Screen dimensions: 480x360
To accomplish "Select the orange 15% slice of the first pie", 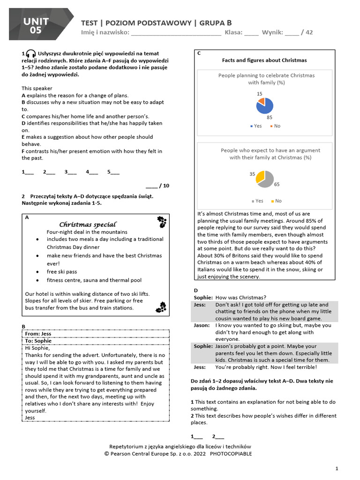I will (x=262, y=101).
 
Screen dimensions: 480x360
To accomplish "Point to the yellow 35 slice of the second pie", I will (x=260, y=177).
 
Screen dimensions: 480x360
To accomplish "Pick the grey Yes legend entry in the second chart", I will (x=256, y=201).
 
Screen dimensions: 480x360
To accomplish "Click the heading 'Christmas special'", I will (x=88, y=225).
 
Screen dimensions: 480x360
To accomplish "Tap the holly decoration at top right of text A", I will (x=161, y=220).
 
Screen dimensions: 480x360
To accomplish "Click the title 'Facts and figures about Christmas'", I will (x=264, y=60).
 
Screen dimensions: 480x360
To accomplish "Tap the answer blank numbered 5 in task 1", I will (x=113, y=172).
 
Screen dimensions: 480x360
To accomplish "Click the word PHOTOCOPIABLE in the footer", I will (x=231, y=454).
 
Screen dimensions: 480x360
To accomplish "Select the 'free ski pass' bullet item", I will (x=62, y=272).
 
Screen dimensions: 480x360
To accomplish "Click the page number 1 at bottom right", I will (x=337, y=469).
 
